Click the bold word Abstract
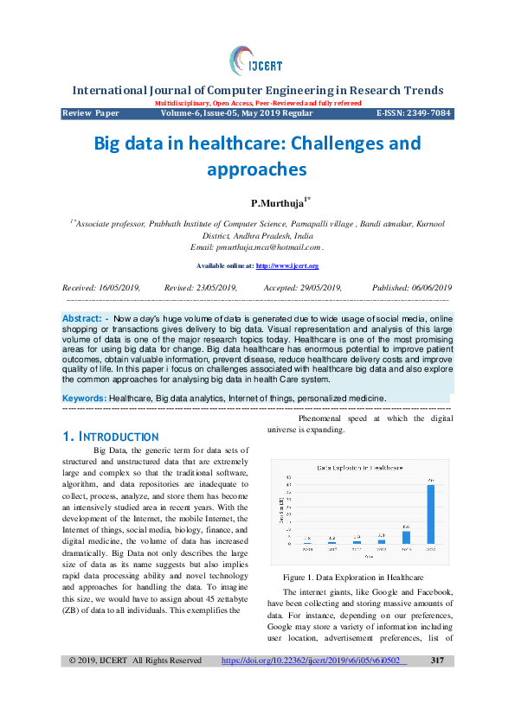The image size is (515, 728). point(81,319)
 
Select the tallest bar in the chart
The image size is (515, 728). point(430,514)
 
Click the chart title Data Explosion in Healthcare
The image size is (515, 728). point(359,467)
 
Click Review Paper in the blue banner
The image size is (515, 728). point(91,113)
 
